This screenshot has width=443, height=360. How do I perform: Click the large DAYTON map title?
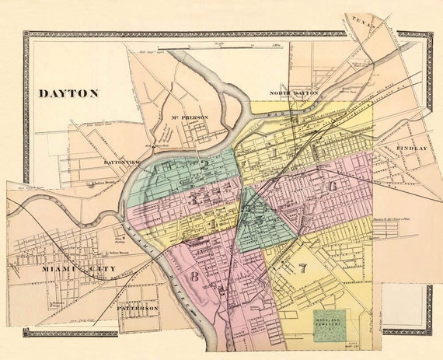[68, 93]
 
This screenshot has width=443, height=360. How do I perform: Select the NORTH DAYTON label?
[295, 93]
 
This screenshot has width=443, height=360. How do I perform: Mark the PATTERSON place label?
[138, 308]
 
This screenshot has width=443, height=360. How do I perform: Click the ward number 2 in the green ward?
[203, 164]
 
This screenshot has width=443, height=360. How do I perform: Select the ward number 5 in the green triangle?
[250, 221]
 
